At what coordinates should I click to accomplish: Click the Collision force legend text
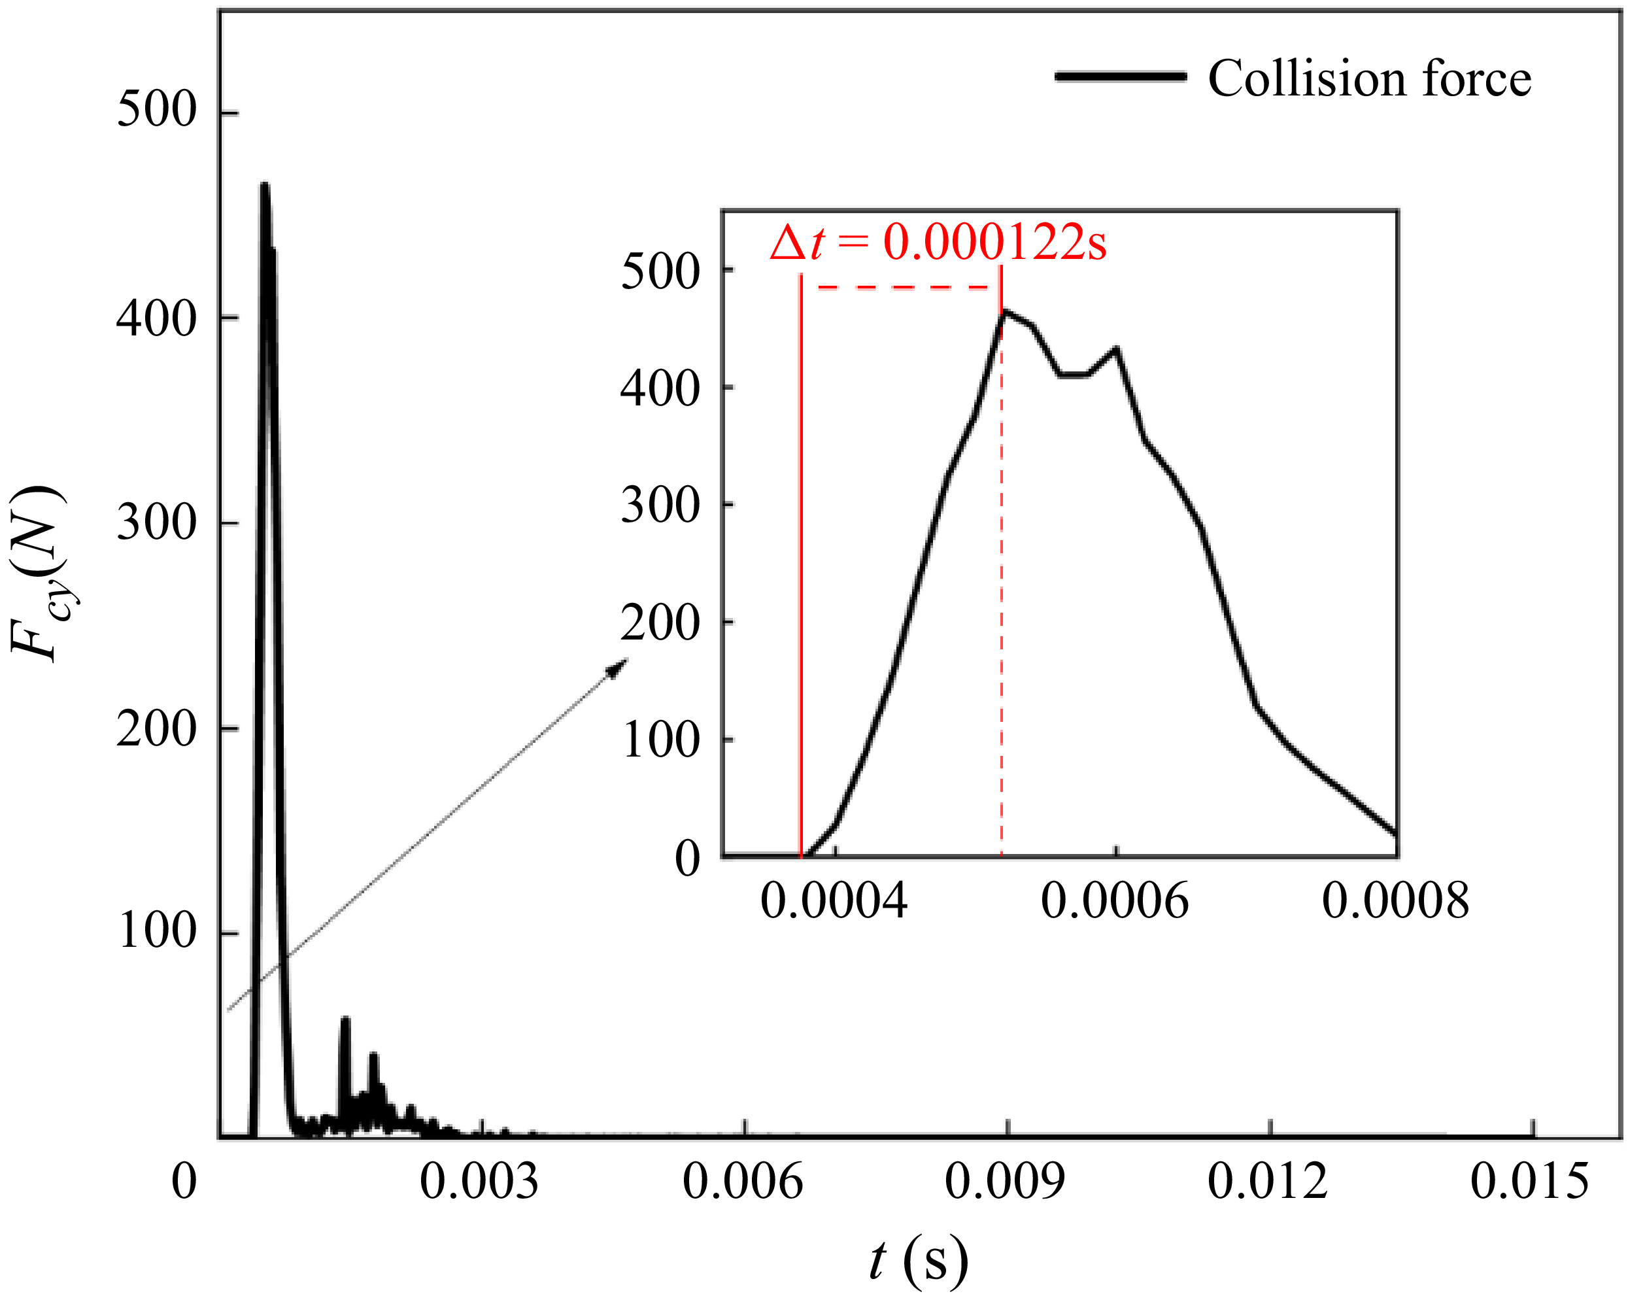click(1369, 78)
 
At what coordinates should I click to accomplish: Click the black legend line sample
click(1120, 77)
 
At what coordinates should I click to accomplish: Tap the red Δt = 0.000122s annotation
click(938, 243)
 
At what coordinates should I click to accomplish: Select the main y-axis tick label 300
click(156, 522)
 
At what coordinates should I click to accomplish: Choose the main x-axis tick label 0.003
click(479, 1182)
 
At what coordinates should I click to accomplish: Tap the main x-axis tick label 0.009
click(1004, 1182)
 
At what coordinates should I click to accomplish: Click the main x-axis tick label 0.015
click(1530, 1182)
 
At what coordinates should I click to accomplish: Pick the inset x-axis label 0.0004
click(834, 901)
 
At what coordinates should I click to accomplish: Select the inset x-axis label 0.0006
click(1115, 901)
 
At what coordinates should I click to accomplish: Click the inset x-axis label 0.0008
click(1395, 901)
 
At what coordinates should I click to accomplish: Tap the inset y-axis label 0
click(687, 859)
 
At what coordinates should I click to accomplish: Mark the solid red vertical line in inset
click(801, 566)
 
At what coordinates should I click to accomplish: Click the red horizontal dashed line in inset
click(906, 287)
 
